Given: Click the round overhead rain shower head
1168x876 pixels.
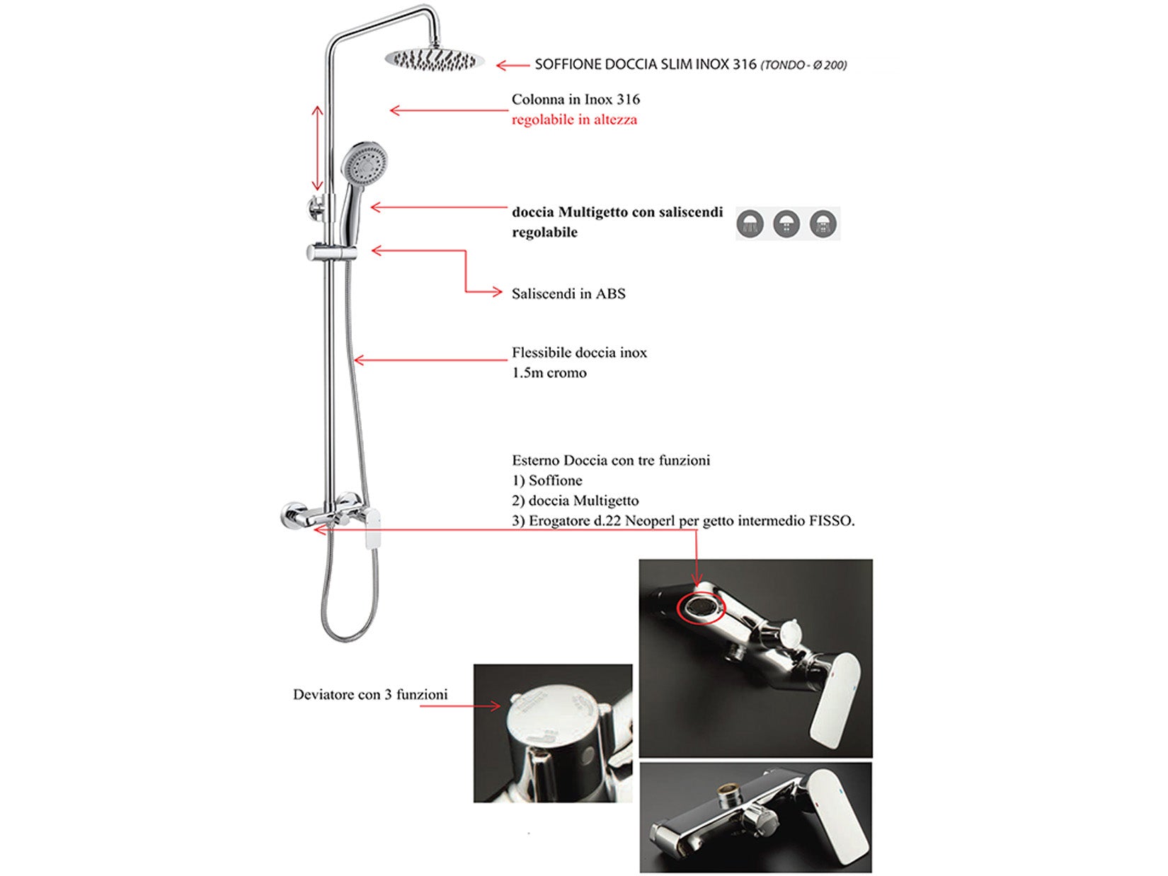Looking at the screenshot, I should pos(435,60).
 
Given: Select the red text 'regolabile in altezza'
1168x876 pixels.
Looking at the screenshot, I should pos(574,120).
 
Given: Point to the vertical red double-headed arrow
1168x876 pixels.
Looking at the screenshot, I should pos(318,149).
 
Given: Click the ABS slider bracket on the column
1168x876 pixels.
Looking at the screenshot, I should pos(331,252).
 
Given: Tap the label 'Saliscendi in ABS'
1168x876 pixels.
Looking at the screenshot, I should pos(568,294).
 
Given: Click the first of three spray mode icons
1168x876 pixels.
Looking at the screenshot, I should pos(750,224).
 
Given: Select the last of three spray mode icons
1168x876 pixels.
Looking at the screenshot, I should pos(823,224).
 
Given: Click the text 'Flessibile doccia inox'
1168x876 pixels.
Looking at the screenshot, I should pos(579,352).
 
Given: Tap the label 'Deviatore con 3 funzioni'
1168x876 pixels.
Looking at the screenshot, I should pos(370,695).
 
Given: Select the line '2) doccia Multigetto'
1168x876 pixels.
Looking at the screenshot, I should pos(575,501).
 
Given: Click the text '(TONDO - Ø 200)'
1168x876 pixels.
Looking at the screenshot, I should pos(803,65).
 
